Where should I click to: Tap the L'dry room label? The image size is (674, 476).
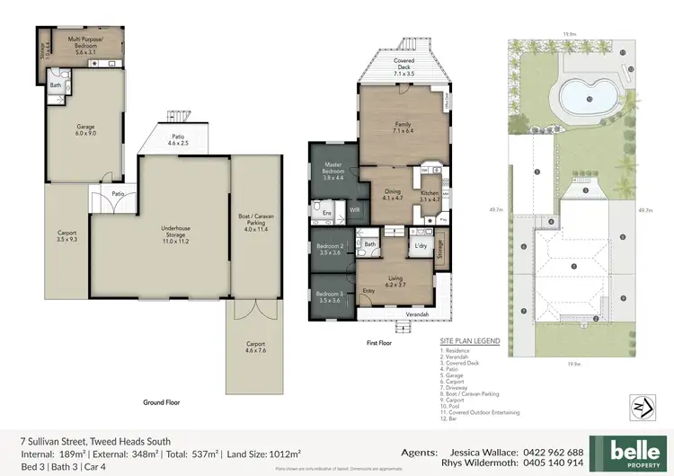point(418,245)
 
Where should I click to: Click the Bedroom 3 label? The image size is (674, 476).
point(331,295)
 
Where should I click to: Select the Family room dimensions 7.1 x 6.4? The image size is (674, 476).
point(403,132)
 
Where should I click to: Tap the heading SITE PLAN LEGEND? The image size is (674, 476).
point(470,341)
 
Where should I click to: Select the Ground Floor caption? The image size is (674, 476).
point(163,402)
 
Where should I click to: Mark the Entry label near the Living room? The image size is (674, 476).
point(368,290)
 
